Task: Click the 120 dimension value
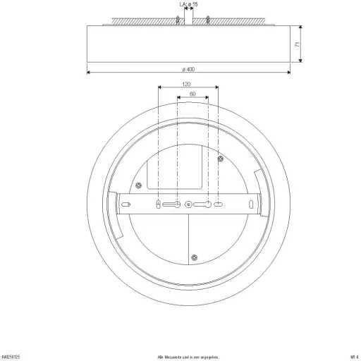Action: click(x=187, y=84)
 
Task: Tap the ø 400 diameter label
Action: click(x=188, y=68)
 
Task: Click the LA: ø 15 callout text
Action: click(x=189, y=5)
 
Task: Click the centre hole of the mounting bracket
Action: click(x=188, y=204)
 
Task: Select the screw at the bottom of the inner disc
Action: click(x=196, y=256)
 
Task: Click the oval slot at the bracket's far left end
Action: click(x=128, y=204)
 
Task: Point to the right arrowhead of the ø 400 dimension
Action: click(x=288, y=73)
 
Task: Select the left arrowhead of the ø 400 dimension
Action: click(x=88, y=73)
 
